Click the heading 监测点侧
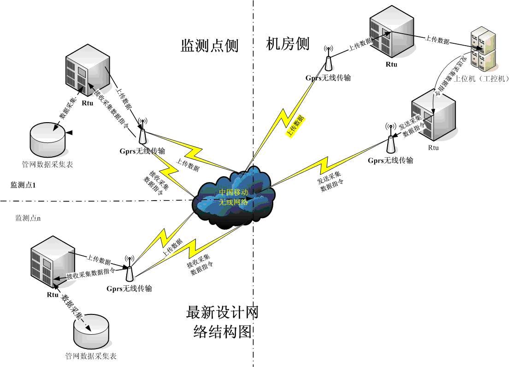click(x=209, y=46)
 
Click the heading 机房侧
click(x=288, y=44)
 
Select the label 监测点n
click(x=28, y=218)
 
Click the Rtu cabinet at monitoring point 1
click(x=87, y=69)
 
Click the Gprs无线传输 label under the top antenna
click(x=328, y=78)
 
